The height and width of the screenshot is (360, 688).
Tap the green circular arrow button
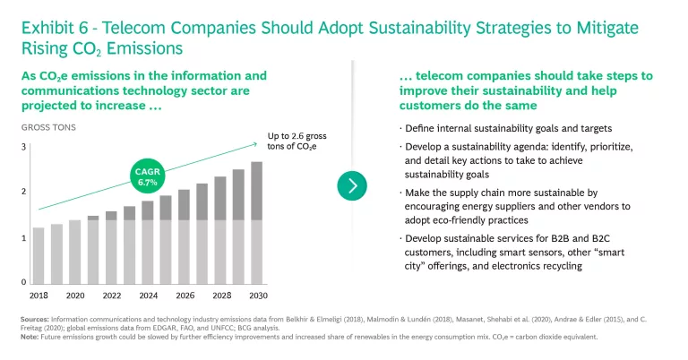[x=352, y=185]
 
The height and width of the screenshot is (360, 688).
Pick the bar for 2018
[x=39, y=255]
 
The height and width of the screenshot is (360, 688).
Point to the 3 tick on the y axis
[x=23, y=146]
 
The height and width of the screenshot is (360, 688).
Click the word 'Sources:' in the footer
[x=33, y=318]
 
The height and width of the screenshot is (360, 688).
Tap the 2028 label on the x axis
[x=220, y=295]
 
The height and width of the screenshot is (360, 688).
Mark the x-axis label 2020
[x=74, y=295]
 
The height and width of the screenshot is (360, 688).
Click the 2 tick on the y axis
[x=23, y=192]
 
